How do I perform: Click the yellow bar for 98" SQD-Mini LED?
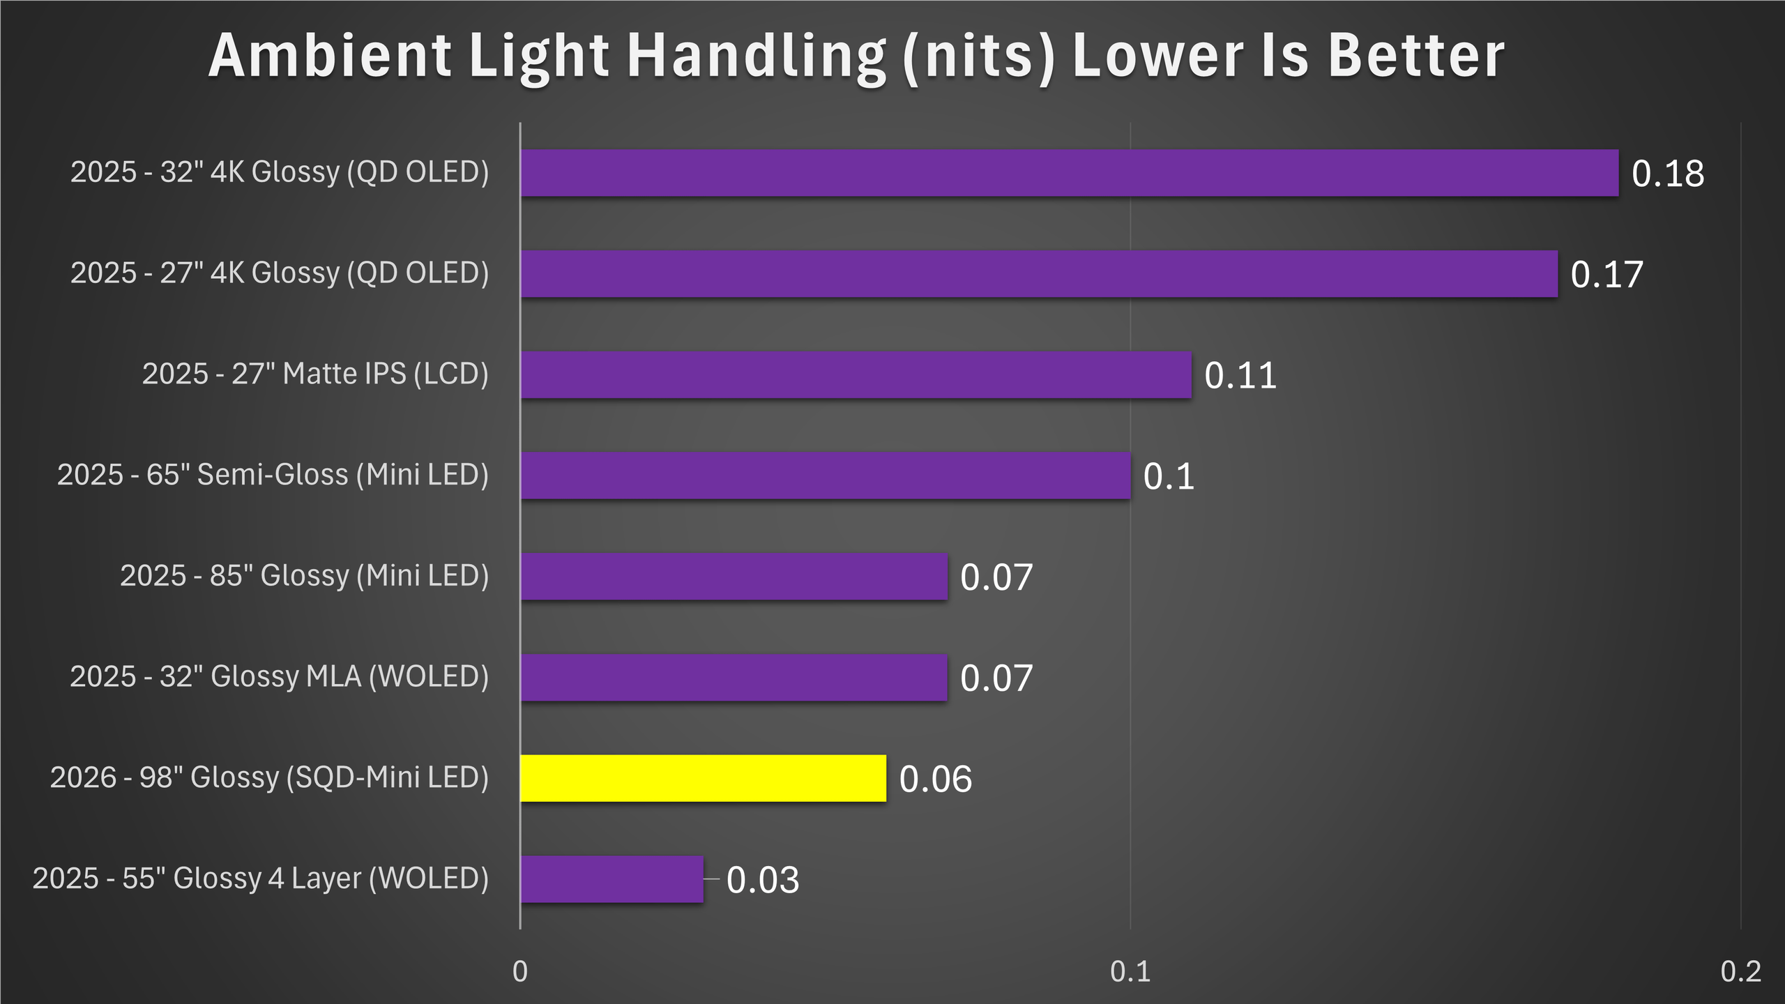[703, 778]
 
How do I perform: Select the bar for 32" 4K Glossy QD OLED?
[1069, 173]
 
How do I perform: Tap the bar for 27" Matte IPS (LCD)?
[856, 375]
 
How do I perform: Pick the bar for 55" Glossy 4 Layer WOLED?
[612, 879]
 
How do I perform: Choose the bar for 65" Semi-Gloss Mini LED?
[825, 476]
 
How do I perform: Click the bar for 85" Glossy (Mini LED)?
[734, 577]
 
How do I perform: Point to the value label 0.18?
[1667, 174]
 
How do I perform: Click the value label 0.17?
[1606, 275]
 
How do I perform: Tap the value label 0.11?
[1240, 376]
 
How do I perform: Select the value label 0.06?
[935, 779]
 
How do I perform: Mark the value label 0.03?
[762, 880]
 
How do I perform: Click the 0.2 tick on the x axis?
[1740, 971]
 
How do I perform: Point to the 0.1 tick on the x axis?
[1130, 971]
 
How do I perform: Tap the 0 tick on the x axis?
[520, 971]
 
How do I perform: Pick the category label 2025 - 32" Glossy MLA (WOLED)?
[279, 677]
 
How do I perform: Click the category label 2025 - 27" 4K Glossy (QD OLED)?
[279, 273]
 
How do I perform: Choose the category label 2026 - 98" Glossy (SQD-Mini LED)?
[269, 778]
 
